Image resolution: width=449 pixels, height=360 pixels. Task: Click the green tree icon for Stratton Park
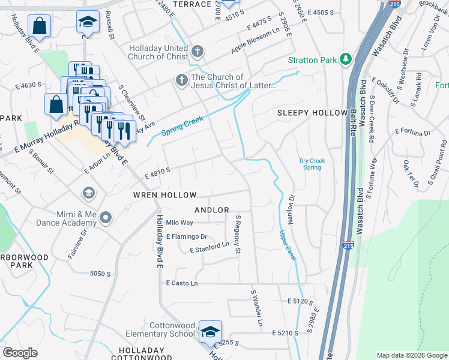(x=345, y=59)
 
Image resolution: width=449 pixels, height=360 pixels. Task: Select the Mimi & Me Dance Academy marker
(x=106, y=217)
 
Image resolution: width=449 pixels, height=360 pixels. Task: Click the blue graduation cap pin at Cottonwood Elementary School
(x=211, y=332)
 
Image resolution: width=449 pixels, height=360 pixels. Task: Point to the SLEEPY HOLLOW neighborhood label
(x=312, y=113)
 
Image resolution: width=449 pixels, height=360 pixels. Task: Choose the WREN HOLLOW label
(x=165, y=196)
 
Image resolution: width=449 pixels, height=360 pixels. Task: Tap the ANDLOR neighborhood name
(x=212, y=210)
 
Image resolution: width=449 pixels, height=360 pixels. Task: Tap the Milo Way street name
(x=179, y=223)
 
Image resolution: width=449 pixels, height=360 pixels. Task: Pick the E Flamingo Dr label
(x=187, y=236)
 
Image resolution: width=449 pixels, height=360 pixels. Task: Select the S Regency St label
(x=238, y=234)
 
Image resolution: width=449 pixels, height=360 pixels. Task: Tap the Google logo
(x=20, y=352)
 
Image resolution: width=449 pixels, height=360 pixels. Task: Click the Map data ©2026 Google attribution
(x=411, y=355)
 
